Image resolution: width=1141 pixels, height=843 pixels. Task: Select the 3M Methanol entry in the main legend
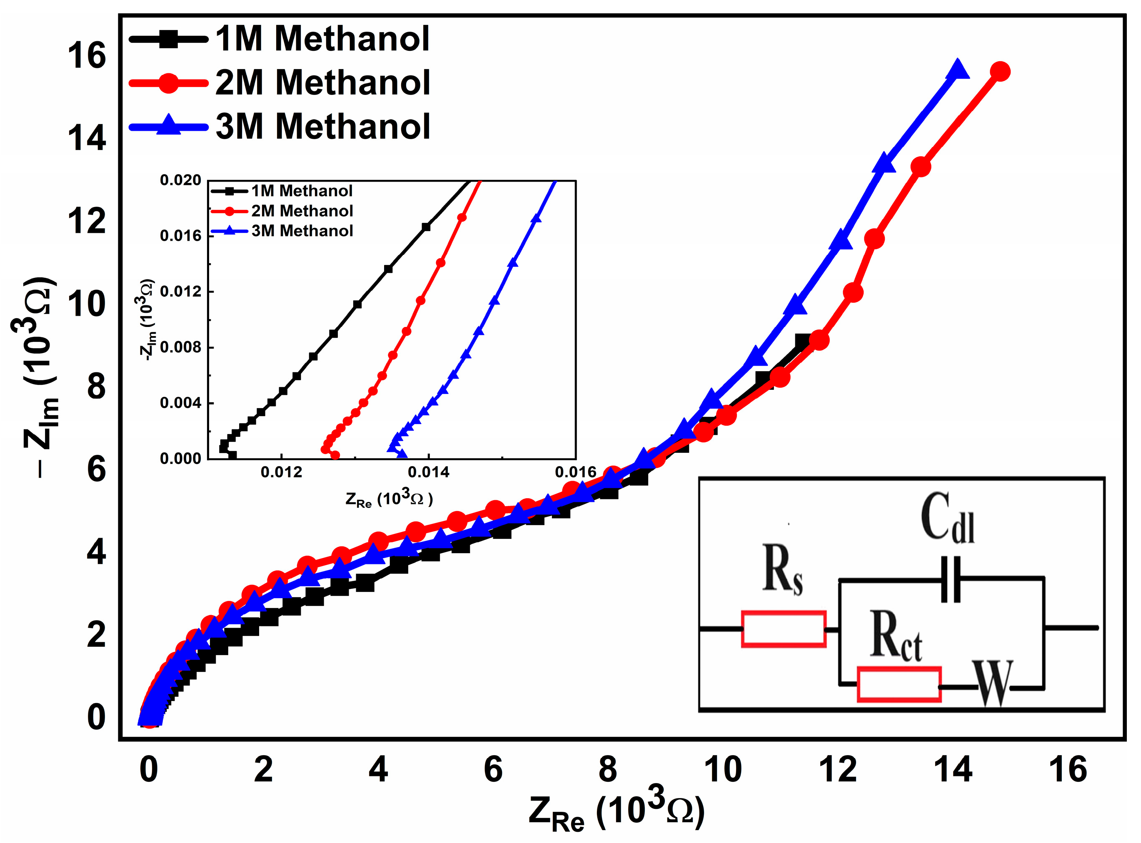click(322, 127)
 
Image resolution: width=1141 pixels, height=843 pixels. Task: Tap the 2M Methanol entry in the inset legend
click(302, 211)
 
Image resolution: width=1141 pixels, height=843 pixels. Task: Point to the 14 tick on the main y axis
click(86, 138)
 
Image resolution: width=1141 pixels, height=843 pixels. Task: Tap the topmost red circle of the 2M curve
click(1000, 72)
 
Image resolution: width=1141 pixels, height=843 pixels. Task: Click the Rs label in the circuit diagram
click(782, 569)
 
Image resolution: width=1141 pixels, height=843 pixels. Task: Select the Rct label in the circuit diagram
click(896, 635)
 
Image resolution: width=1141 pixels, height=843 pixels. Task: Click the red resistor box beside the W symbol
click(899, 685)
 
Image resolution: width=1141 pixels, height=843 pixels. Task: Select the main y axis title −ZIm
click(38, 378)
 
